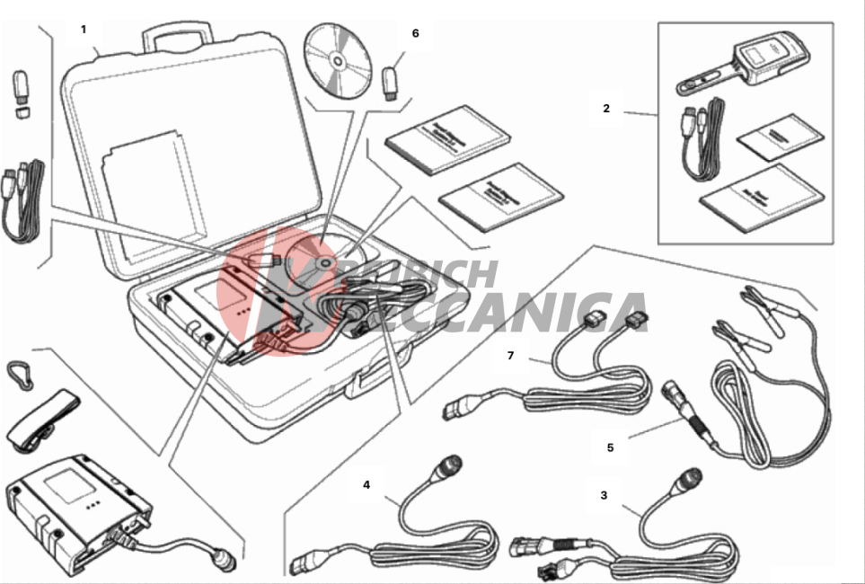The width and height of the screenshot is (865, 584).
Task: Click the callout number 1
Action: [x=84, y=30]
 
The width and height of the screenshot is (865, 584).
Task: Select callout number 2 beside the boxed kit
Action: [x=606, y=109]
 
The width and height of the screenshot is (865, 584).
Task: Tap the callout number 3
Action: [x=604, y=494]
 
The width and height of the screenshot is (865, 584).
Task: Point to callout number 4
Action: [x=366, y=484]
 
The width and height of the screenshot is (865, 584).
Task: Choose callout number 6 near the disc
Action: [x=415, y=33]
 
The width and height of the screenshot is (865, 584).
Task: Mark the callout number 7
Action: [x=510, y=356]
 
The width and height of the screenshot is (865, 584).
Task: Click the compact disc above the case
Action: [x=337, y=60]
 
